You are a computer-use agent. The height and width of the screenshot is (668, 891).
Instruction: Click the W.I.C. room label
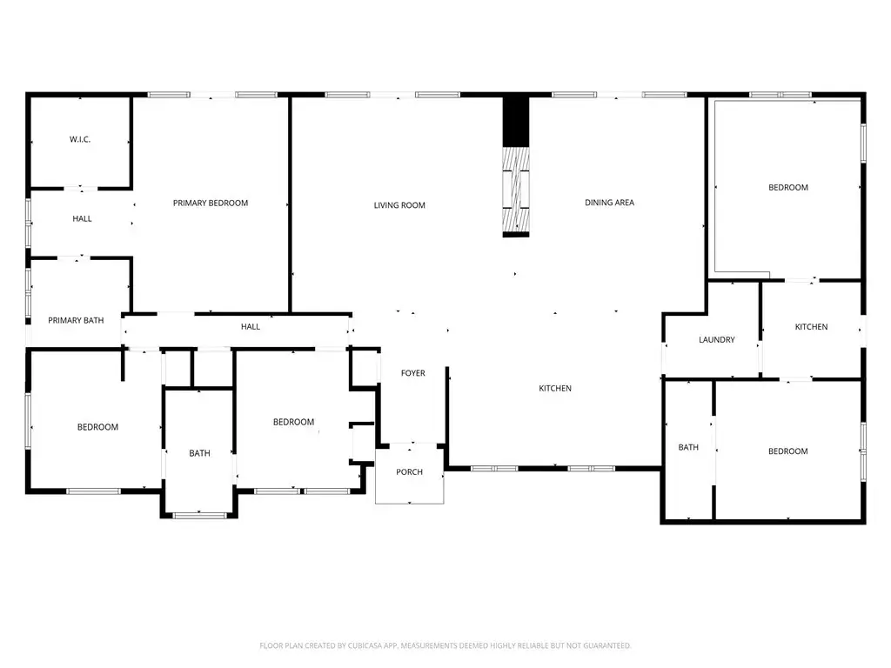click(80, 139)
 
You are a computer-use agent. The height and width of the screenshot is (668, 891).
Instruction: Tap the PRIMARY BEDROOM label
click(211, 203)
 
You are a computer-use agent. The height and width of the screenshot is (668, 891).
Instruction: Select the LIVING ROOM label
click(399, 205)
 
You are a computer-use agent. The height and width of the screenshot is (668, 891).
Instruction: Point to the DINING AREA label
click(609, 202)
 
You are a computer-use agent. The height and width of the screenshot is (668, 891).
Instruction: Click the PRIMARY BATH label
click(76, 320)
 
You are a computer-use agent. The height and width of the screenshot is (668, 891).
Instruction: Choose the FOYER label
click(413, 373)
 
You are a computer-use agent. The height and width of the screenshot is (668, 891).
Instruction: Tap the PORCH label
click(409, 472)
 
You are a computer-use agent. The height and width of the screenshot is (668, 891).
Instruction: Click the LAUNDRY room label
click(717, 340)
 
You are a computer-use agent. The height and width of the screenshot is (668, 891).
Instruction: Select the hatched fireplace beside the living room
click(516, 190)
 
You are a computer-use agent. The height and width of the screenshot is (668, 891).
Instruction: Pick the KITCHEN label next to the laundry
click(811, 327)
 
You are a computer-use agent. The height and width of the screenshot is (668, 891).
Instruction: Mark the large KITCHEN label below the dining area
click(555, 389)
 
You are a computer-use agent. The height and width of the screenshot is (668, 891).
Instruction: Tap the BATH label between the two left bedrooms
click(199, 453)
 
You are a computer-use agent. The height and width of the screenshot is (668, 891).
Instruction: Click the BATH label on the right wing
click(688, 448)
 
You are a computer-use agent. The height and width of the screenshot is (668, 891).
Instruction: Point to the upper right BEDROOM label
click(788, 188)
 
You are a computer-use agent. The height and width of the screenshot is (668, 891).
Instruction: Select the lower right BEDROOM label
click(788, 451)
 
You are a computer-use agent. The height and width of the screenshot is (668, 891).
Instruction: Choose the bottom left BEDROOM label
click(97, 427)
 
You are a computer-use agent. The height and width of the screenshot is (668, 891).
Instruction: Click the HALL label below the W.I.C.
click(82, 218)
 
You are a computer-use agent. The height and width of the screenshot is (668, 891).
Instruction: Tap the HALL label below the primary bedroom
click(250, 327)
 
